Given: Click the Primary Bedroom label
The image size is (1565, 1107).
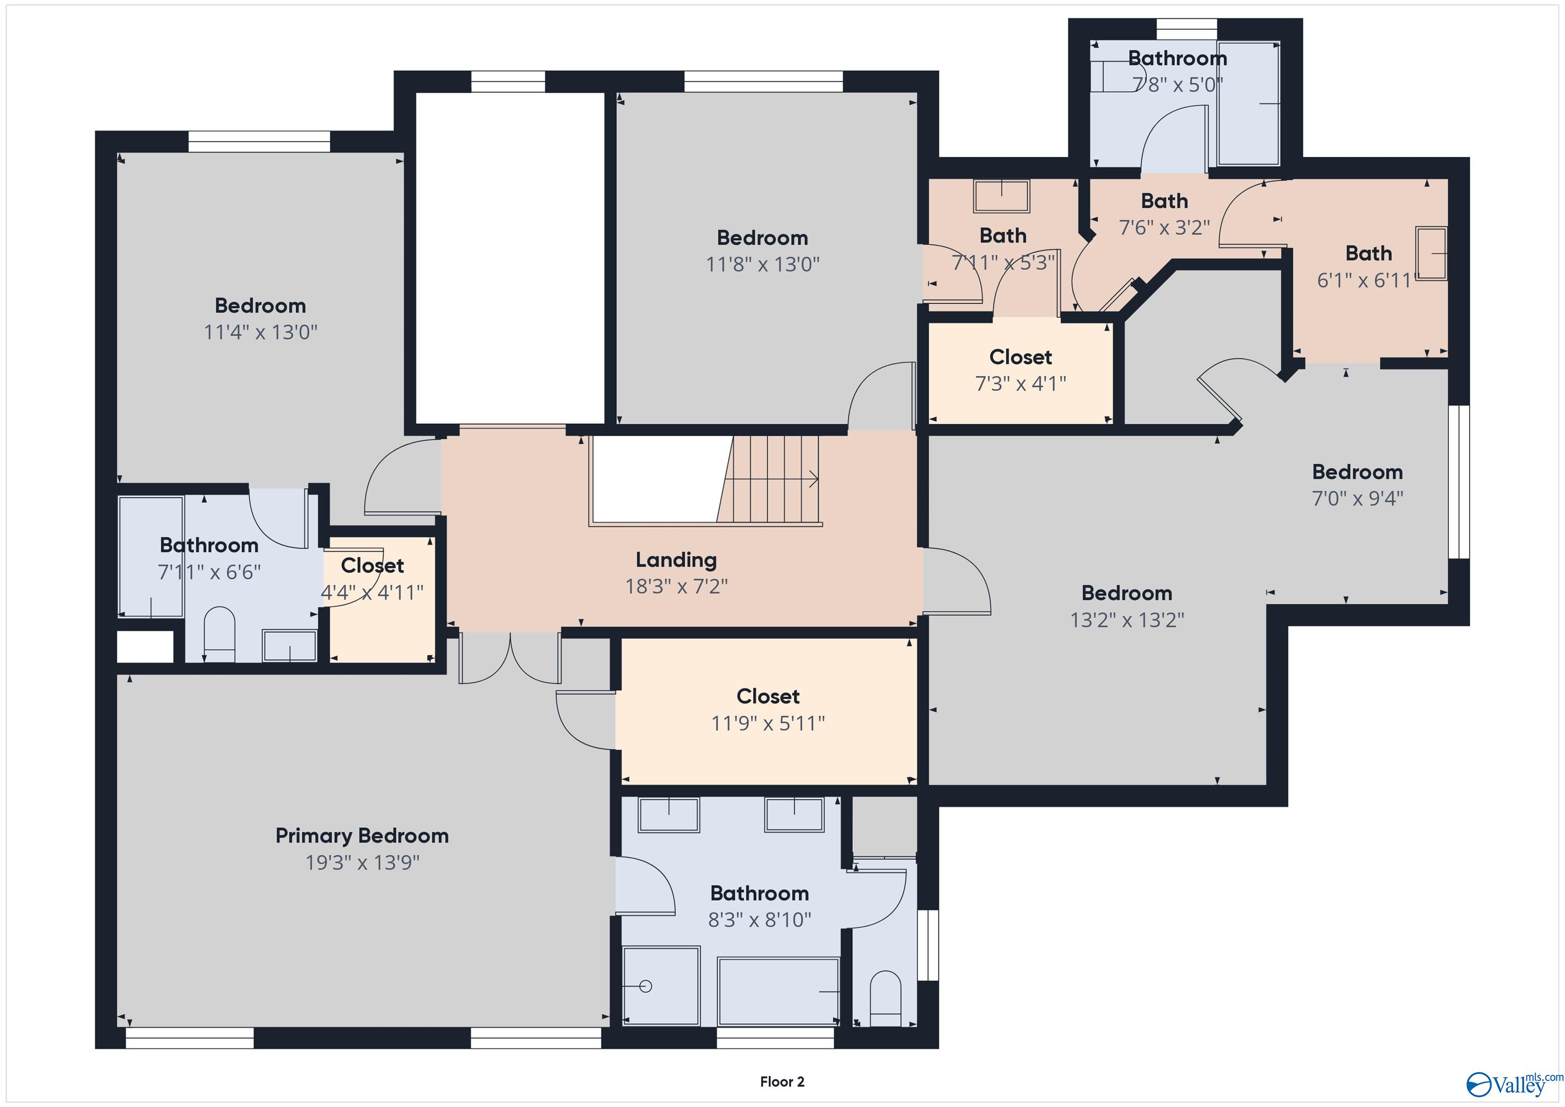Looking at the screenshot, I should coord(362,835).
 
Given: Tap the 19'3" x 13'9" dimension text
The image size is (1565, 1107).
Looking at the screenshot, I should coord(362,862).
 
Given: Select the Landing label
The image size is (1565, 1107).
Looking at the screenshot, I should coord(676,560).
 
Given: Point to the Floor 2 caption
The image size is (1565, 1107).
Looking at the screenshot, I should coord(782,1082).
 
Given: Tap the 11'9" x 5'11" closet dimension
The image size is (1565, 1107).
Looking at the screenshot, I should coord(768,722).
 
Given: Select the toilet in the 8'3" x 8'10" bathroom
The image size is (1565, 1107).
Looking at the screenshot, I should coord(885,998).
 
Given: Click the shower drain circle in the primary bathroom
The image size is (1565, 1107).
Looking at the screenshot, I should coord(646,986).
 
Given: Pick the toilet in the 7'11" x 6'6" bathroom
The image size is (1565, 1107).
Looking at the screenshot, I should coord(220,634).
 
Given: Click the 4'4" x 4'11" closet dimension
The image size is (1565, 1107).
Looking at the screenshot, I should coord(372,592).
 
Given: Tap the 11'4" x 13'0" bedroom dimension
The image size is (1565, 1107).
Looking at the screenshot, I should coord(260,332).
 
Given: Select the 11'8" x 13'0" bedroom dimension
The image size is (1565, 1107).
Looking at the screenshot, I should coord(762,264).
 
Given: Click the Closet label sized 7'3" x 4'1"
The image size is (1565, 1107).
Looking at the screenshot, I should coord(1020,357).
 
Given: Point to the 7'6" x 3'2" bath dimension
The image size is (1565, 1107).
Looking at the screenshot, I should coord(1164,227).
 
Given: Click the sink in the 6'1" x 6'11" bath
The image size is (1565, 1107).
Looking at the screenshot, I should coord(1432,253).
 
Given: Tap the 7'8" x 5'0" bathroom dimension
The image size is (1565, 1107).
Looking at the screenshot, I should coord(1177,85).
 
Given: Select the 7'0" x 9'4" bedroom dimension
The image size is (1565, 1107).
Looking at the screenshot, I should coord(1357,498).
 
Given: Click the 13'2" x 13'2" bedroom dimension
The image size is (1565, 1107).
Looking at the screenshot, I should coord(1127,619).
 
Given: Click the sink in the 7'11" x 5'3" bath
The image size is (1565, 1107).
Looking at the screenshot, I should coord(1001,197).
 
